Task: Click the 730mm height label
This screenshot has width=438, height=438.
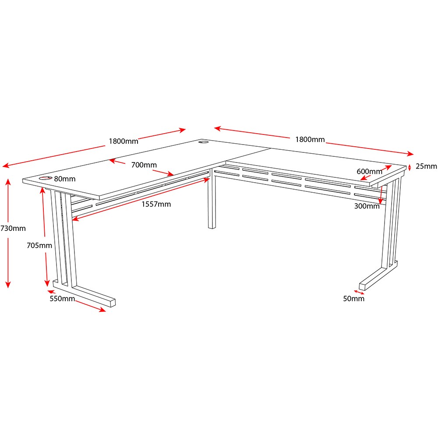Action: point(13,228)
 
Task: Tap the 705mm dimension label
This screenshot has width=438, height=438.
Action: point(39,245)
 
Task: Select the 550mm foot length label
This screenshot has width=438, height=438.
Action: point(62,298)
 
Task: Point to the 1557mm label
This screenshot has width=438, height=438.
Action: point(156,204)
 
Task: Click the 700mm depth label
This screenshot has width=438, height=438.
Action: point(144,165)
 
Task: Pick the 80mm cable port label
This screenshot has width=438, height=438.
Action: point(64,179)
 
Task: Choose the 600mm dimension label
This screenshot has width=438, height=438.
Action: point(369,171)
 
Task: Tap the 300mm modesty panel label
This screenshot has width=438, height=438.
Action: point(367,206)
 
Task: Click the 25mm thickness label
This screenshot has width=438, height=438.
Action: point(426,166)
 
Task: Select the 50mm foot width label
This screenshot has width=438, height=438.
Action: point(353,298)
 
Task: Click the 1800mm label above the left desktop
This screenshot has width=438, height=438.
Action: point(124,141)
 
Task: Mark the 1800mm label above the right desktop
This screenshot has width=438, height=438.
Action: point(310,139)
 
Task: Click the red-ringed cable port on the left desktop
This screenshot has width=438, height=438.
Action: point(45,178)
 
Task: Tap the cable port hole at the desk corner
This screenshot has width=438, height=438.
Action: point(203,142)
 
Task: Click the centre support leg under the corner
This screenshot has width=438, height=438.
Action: point(212,198)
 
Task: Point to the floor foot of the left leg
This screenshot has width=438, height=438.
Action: point(84,293)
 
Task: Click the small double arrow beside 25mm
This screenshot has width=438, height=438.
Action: point(410,167)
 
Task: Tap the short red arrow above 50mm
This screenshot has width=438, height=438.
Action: point(359,292)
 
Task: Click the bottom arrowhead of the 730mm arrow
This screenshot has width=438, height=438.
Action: point(8,285)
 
